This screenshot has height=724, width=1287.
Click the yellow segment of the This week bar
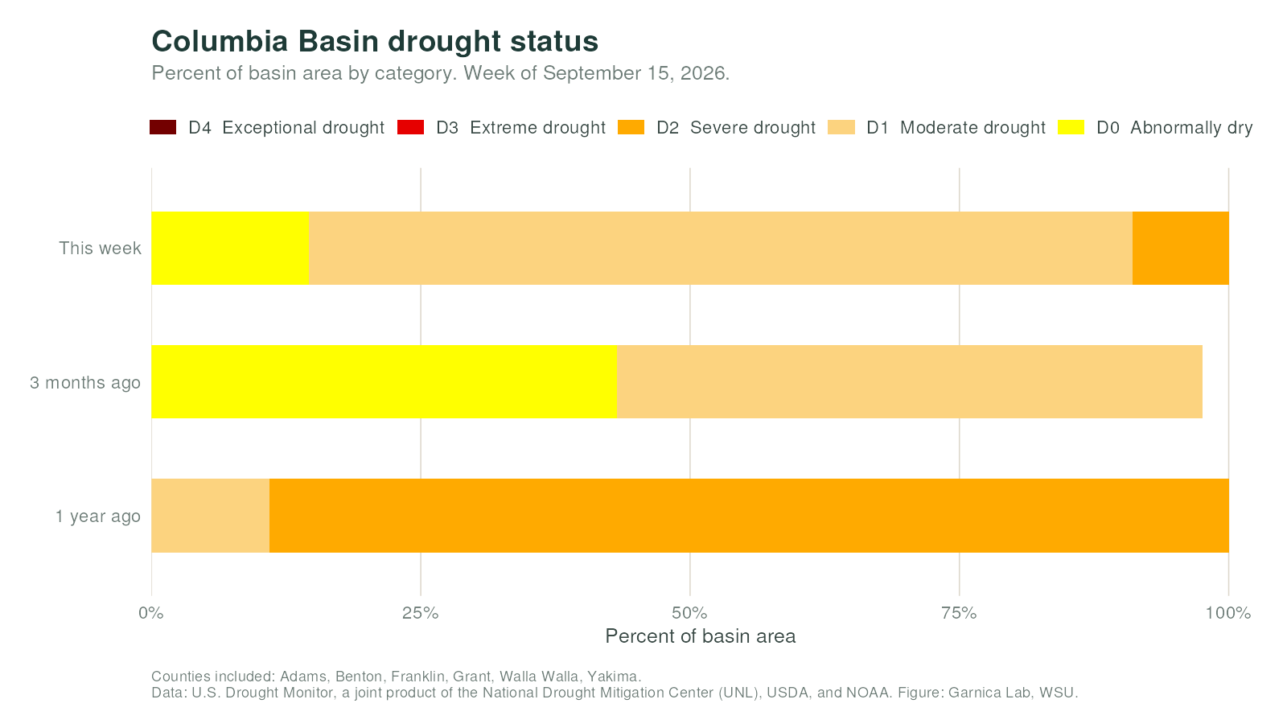(x=230, y=248)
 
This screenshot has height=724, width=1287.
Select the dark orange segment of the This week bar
(x=1181, y=248)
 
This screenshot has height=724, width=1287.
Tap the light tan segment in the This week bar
(x=721, y=248)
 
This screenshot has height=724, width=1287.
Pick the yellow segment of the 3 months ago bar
(x=384, y=381)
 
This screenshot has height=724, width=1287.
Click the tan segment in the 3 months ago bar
(x=910, y=381)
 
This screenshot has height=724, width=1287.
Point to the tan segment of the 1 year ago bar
(x=210, y=516)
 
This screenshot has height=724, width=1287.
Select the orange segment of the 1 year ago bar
(x=749, y=516)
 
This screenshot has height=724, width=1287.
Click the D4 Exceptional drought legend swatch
(x=162, y=127)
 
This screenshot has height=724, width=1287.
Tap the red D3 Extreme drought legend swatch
(x=410, y=127)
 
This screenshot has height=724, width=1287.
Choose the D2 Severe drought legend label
(x=735, y=128)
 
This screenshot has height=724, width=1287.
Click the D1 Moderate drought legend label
(x=956, y=128)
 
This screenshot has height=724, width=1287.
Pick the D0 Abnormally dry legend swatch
(x=1071, y=127)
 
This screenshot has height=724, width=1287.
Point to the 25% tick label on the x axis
(x=421, y=613)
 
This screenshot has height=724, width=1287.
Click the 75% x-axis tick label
(x=959, y=613)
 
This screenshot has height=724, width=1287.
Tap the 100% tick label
(x=1228, y=613)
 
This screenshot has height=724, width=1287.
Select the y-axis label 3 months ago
(x=85, y=382)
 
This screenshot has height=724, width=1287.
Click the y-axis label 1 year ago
(x=97, y=516)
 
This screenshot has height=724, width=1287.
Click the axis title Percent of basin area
(x=701, y=636)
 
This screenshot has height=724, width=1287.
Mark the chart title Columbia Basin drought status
(x=375, y=41)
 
